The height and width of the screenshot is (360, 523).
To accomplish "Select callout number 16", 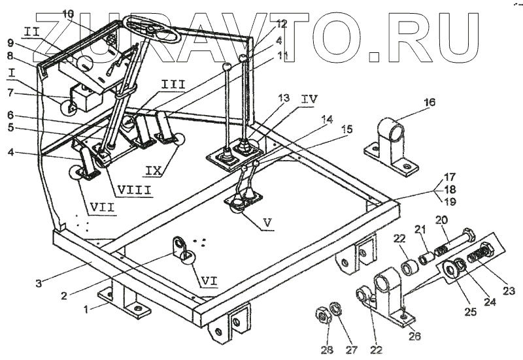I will coord(430,103).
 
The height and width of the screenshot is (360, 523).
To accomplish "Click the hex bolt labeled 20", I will coord(458,240).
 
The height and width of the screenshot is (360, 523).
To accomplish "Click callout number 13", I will coord(282,97).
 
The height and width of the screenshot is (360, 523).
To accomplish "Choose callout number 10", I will coord(69,13).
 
